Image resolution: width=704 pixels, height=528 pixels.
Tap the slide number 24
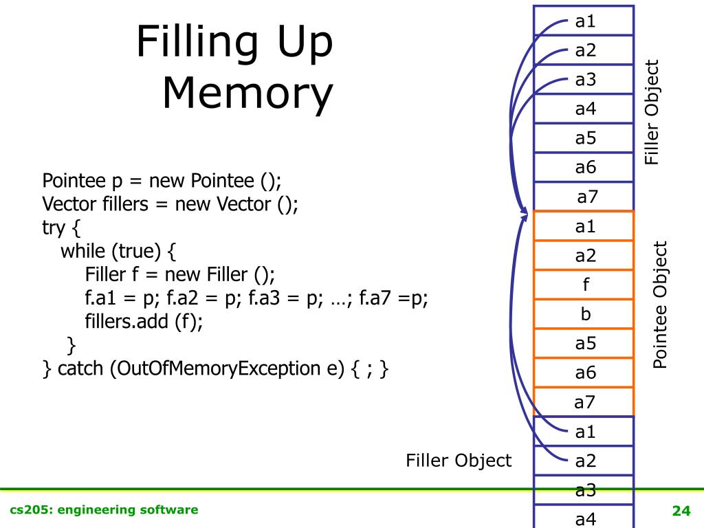tap(681, 510)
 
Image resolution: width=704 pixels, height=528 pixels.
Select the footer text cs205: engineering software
tap(104, 509)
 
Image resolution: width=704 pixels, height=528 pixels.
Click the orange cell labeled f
tap(585, 285)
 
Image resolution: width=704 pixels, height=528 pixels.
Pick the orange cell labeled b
tap(585, 314)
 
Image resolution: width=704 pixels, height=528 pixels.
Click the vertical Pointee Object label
tap(660, 305)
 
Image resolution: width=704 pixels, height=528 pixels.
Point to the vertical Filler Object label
tap(651, 112)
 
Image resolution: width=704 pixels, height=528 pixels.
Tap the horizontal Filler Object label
tap(459, 460)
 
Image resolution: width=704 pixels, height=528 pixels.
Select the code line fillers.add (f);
tap(144, 321)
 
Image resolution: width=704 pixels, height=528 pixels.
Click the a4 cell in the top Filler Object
tap(585, 109)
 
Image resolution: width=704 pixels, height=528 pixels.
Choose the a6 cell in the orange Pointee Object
tap(585, 373)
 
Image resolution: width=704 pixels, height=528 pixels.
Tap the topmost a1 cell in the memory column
tap(585, 21)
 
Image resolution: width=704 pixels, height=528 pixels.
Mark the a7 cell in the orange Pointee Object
tap(585, 401)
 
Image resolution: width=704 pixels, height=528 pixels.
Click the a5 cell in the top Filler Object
tap(585, 137)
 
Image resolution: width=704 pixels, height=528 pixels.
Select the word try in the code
tap(54, 228)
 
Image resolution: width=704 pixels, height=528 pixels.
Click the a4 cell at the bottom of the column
tap(585, 518)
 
